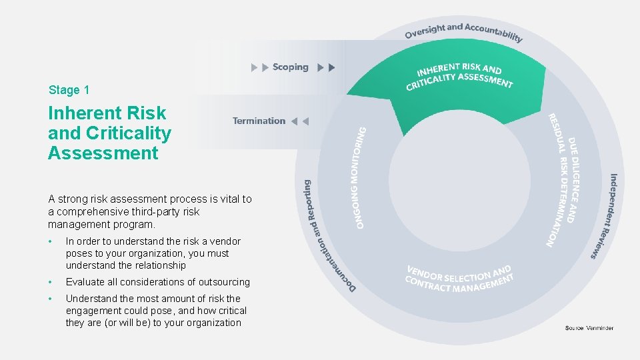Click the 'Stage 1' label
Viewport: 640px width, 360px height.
coord(69,90)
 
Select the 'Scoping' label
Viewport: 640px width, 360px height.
coord(290,67)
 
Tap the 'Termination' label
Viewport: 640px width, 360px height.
coord(259,121)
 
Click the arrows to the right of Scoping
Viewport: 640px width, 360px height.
coord(327,67)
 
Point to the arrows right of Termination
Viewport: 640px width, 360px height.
coord(301,121)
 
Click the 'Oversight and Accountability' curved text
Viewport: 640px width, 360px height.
coord(464,31)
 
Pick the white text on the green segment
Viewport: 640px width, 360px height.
coord(459,76)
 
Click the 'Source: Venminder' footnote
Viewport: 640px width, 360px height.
coord(589,328)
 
